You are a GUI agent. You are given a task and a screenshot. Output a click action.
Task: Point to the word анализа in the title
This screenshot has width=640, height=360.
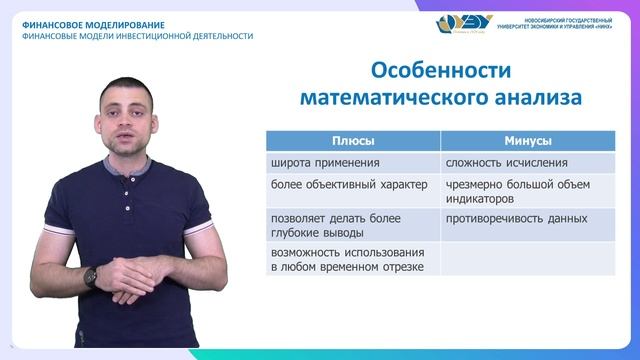coord(532,98)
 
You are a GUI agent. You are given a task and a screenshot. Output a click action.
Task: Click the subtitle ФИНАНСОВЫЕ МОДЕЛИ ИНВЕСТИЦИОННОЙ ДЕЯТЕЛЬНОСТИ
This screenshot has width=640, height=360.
coord(137,36)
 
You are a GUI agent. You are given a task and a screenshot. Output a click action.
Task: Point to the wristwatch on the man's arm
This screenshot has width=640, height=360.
coord(90,277)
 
